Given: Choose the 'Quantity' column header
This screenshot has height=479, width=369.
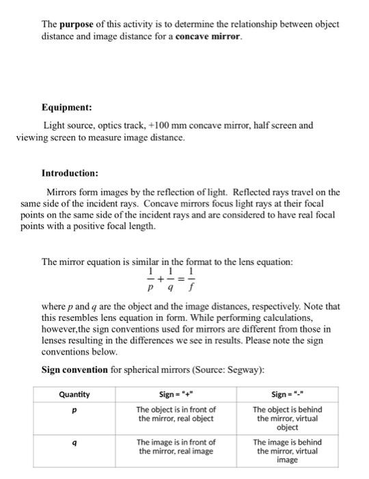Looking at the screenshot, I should click(x=74, y=394).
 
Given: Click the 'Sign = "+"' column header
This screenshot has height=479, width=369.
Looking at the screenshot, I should click(x=177, y=394).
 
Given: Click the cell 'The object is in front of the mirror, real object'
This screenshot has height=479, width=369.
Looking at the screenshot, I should click(x=177, y=413).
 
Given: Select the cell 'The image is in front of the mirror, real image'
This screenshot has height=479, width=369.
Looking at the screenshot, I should click(x=177, y=446).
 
